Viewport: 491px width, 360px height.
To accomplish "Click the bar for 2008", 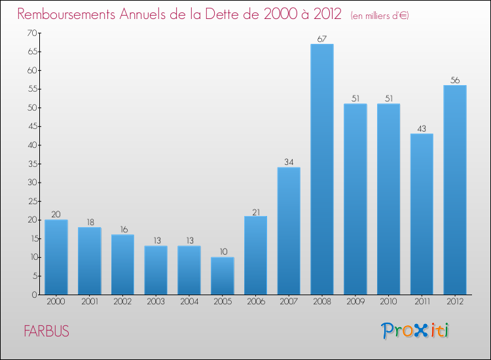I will tap(322, 169).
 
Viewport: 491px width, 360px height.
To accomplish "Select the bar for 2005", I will tap(223, 276).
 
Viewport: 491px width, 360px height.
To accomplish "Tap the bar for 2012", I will tap(455, 190).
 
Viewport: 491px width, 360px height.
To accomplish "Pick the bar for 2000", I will tap(56, 257).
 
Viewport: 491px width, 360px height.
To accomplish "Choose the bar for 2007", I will tap(289, 230).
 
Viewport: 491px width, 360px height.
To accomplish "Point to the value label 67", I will tap(322, 39).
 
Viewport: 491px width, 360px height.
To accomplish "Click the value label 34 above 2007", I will tap(289, 162).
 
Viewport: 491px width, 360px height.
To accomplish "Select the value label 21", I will tap(255, 211).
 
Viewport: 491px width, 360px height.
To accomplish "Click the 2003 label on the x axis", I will tap(156, 302).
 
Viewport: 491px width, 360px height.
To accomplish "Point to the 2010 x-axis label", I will tap(388, 302).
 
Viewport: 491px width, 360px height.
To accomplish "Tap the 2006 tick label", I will tap(255, 302).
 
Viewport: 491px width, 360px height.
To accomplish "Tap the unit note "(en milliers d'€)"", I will tap(380, 15).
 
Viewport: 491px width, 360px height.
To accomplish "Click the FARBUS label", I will tap(46, 331).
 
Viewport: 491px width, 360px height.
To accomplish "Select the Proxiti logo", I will tap(416, 331).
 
